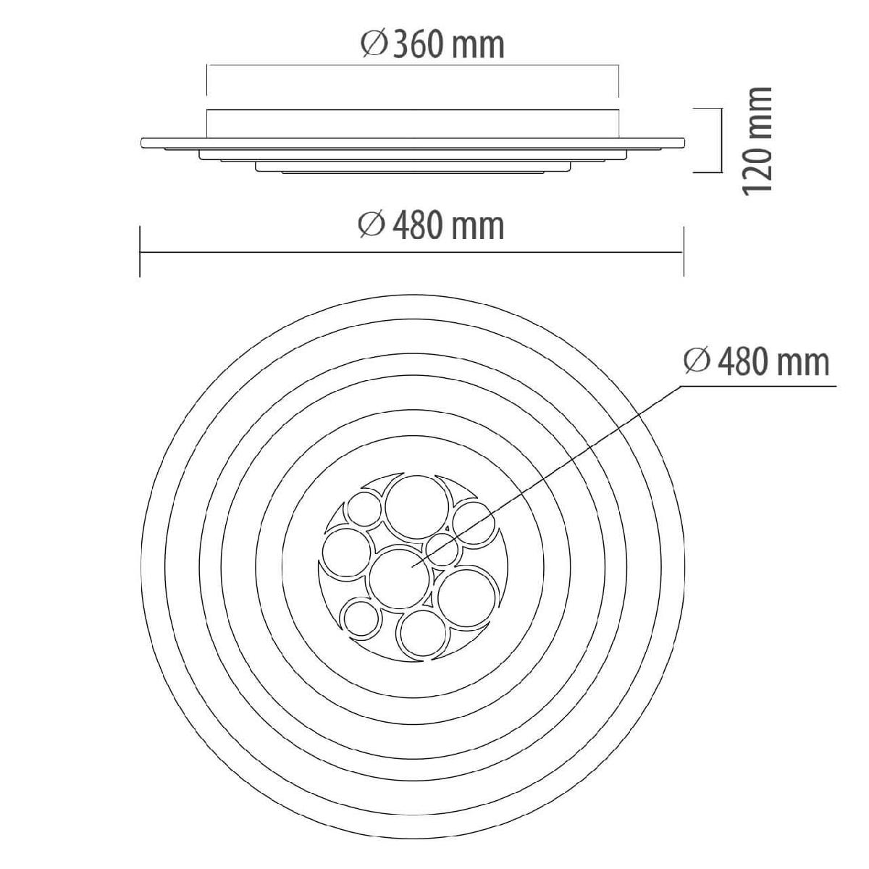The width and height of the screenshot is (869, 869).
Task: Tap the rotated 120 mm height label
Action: click(x=757, y=140)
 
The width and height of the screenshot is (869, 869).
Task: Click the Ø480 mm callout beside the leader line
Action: click(x=757, y=362)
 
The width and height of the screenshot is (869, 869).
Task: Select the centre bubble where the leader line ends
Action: click(x=398, y=579)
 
